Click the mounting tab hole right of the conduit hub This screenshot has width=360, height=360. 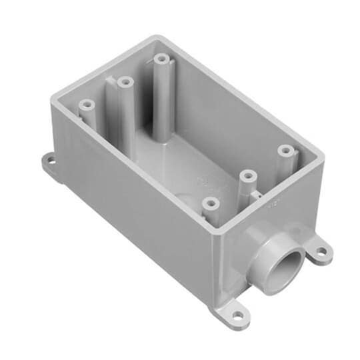[321, 252]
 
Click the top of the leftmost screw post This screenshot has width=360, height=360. [85, 105]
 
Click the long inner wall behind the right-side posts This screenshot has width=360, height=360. [227, 113]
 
